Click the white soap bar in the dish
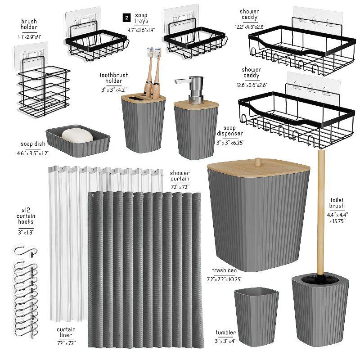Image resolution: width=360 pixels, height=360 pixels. (77, 135)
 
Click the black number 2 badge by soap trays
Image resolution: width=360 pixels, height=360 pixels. (127, 18)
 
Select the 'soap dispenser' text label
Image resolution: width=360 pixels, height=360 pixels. (233, 131)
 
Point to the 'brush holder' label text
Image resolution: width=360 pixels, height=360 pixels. (29, 24)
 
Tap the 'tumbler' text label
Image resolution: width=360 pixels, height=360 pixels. (226, 332)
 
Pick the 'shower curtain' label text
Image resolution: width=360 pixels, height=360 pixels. (180, 176)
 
